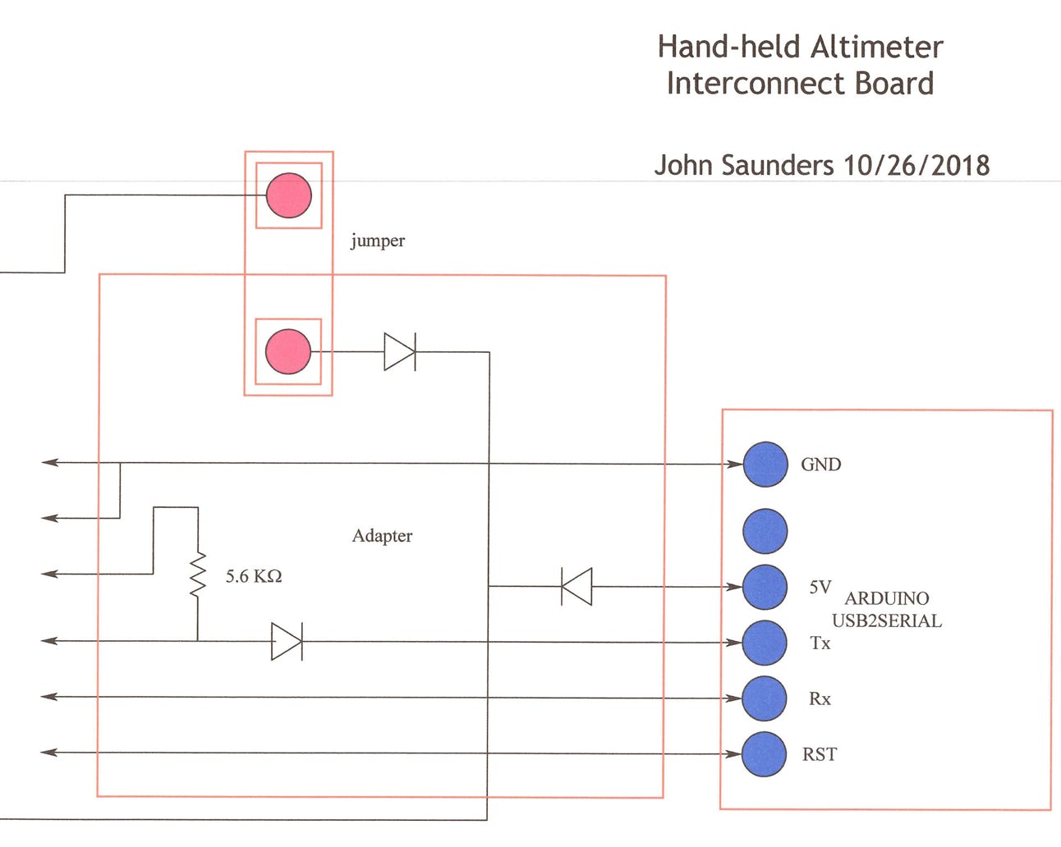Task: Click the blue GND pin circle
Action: tap(765, 464)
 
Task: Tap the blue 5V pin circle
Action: tap(765, 587)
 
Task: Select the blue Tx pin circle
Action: tap(765, 643)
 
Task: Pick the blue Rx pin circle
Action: tap(765, 698)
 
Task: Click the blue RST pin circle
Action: tap(765, 753)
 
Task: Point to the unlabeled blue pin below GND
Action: tap(765, 530)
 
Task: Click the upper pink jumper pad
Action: tap(289, 195)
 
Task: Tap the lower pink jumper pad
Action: tap(288, 351)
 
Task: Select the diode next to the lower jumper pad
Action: tap(400, 352)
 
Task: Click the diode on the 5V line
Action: tap(576, 587)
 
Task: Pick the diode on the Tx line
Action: tap(287, 641)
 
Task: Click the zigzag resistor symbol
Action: tap(197, 575)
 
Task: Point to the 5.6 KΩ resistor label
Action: tap(254, 576)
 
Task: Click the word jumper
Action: tap(378, 240)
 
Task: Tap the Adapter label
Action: tap(382, 536)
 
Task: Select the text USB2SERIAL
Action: tap(887, 621)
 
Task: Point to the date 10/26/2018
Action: tap(916, 165)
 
